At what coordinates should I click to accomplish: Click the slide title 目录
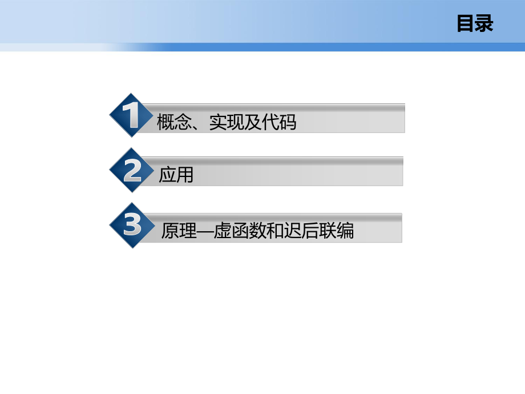475,24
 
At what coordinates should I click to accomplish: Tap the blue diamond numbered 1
132,115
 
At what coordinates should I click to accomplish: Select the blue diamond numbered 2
132,170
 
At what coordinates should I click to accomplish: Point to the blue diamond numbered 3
132,225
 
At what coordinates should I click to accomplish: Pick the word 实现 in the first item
227,122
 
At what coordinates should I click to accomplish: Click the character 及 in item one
253,122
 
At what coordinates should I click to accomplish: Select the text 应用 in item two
176,175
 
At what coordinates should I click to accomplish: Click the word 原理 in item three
179,230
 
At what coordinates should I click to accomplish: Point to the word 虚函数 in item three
240,230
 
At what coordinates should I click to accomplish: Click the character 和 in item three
275,230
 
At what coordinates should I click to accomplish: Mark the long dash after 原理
205,231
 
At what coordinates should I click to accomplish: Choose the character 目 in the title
466,24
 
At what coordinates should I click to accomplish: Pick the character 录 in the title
484,24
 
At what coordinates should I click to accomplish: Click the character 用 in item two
185,175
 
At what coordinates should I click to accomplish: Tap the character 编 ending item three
345,230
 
